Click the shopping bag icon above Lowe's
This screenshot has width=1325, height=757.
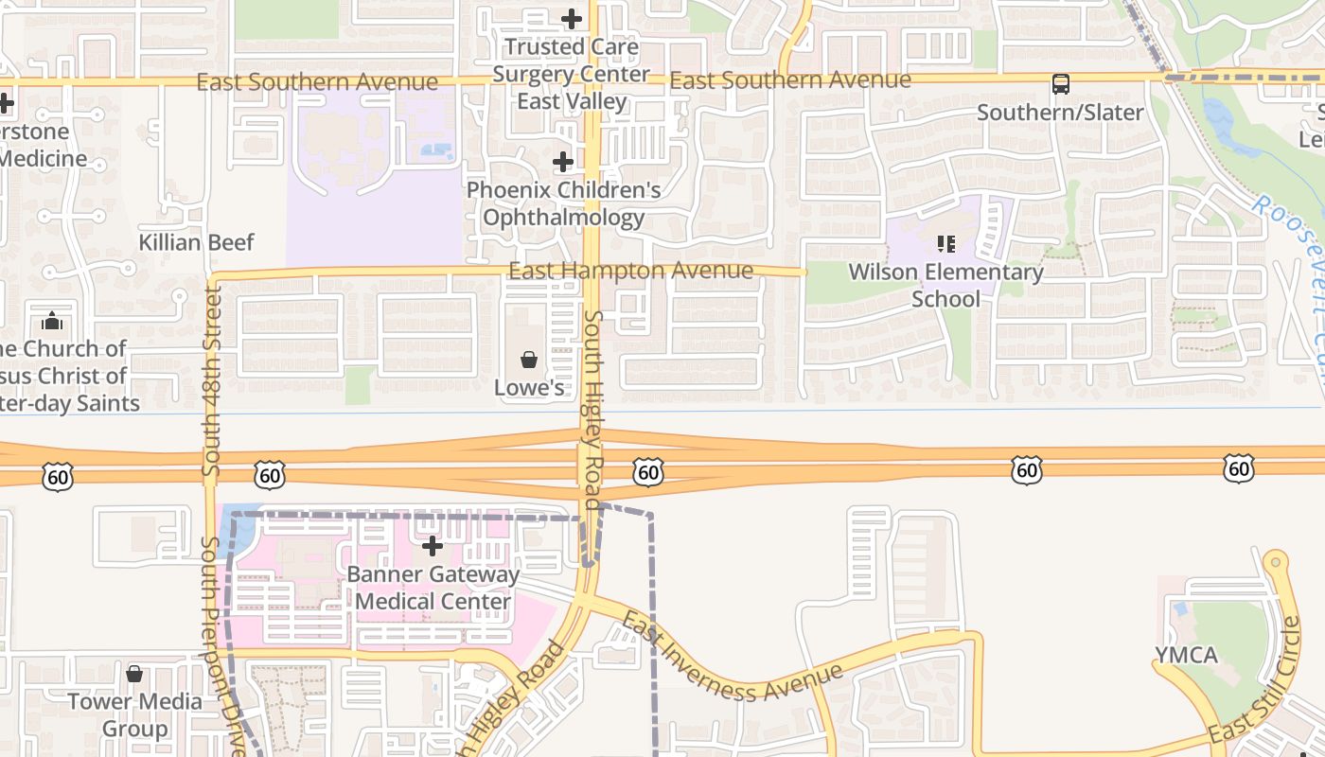[x=529, y=360]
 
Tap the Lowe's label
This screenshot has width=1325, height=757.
[x=529, y=388]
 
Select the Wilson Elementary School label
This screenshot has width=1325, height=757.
[x=945, y=286]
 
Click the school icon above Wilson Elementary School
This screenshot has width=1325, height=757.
[x=945, y=244]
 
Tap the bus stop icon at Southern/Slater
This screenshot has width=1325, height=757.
[x=1061, y=84]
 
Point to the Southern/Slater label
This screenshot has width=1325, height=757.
[x=1060, y=113]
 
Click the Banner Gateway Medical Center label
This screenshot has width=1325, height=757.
[x=433, y=588]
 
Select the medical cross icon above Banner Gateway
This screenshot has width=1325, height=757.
[x=433, y=546]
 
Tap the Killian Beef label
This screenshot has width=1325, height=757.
[x=197, y=242]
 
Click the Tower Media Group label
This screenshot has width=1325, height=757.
[x=135, y=714]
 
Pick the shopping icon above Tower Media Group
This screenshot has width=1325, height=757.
[x=134, y=674]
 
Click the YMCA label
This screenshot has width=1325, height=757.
[x=1186, y=656]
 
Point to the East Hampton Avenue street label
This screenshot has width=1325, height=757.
[x=630, y=272]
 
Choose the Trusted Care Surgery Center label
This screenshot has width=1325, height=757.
[x=572, y=74]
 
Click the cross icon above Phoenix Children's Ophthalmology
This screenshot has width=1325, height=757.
[x=563, y=162]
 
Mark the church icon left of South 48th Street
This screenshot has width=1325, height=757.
[x=53, y=322]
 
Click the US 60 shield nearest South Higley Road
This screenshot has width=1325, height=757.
[x=648, y=471]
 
